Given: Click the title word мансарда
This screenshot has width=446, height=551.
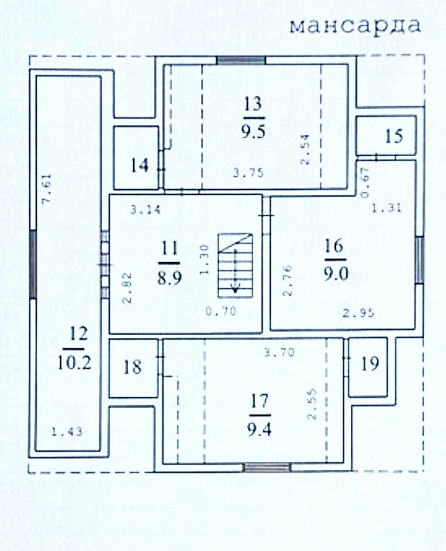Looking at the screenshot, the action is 355,26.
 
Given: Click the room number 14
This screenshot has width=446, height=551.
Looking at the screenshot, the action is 139,166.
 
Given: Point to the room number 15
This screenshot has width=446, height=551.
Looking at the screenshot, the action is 394,137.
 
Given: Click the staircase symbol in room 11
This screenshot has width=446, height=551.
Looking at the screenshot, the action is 235,265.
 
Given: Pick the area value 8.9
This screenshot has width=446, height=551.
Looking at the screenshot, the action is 170,277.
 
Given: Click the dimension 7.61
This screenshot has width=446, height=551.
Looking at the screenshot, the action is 47,191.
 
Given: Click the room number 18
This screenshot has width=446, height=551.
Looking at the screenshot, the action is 132,367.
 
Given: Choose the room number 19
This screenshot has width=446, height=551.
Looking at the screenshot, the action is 370,363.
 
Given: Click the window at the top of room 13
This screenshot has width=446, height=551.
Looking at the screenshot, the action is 241,60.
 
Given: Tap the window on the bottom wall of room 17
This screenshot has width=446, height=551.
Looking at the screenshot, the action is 267,468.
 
